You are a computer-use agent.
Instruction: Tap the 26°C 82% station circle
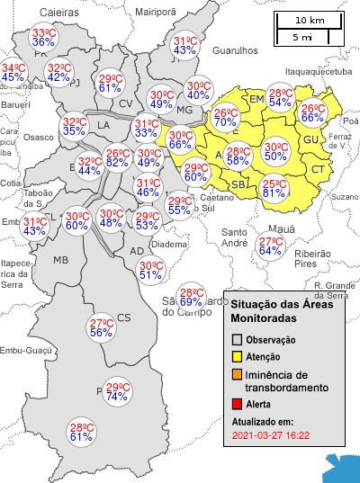coord(116,158)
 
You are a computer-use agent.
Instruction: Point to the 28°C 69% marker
coord(191,297)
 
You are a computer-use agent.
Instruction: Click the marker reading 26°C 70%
coord(226,118)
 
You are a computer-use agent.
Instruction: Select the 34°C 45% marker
coord(13,73)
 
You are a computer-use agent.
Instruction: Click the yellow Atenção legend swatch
coord(238,357)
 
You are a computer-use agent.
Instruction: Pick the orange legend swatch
coord(238,374)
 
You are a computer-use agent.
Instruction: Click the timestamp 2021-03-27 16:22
coord(270,435)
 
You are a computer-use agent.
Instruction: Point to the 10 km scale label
coord(310,20)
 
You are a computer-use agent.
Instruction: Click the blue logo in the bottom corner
coord(343,467)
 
